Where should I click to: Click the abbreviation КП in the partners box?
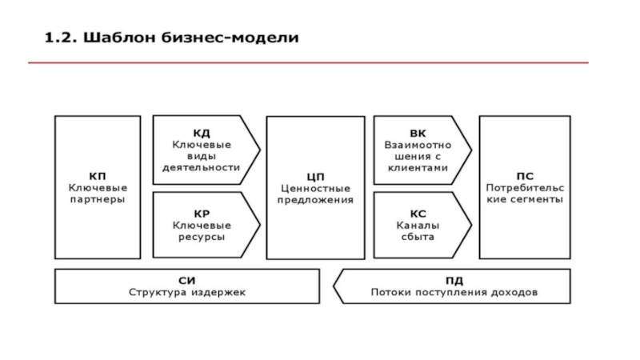tap(97, 176)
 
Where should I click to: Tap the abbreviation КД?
tap(202, 133)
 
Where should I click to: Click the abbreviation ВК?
tap(418, 133)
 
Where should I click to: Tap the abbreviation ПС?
tap(524, 176)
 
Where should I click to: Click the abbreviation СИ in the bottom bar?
tap(187, 281)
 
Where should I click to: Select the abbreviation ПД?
tap(454, 281)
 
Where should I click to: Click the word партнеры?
tap(97, 199)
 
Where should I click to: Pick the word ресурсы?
tap(202, 238)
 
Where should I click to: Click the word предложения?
tap(314, 199)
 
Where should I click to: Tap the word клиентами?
tap(418, 168)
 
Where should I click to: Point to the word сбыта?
tap(418, 238)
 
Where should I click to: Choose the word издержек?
tap(218, 292)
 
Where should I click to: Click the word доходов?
tap(513, 292)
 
